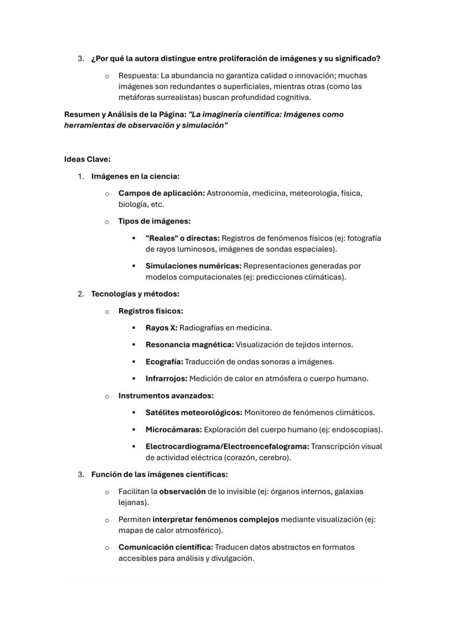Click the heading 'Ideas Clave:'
coord(87,159)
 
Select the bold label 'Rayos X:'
coord(161,328)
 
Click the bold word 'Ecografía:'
coord(164,362)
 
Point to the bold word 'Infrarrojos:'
coord(166,379)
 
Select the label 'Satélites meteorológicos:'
coord(194,413)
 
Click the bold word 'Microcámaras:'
coord(174,429)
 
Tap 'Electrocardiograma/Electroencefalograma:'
coord(227,446)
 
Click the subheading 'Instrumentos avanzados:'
coord(166,395)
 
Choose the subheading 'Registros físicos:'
coord(151,311)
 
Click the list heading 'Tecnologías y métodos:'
coord(135,294)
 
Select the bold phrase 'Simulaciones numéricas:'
coord(193,266)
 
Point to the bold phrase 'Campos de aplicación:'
coord(161,193)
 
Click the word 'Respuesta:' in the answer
coord(139,75)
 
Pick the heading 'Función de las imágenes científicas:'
coord(159,474)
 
